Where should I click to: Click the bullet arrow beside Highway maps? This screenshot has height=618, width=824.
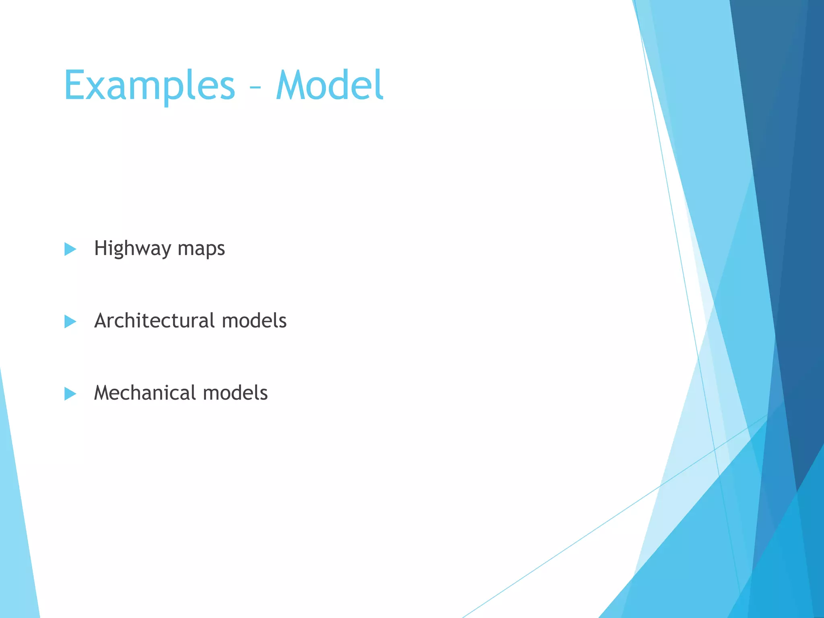(70, 249)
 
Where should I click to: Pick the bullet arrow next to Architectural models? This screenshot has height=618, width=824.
(70, 321)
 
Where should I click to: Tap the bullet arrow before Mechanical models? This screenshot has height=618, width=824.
(70, 394)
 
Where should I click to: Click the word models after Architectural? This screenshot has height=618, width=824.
(254, 321)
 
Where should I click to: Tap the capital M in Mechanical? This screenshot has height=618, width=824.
(104, 393)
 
